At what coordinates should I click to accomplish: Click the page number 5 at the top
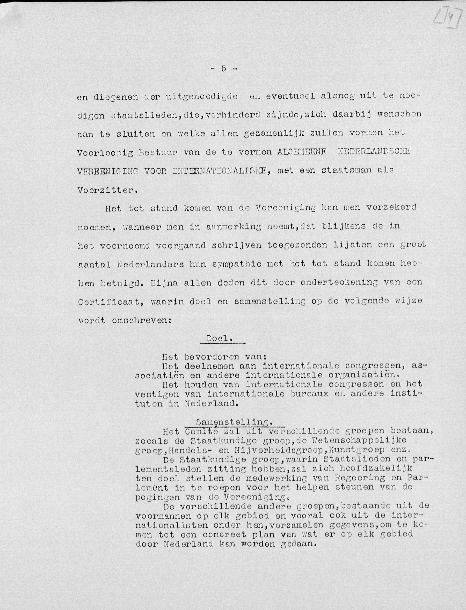[224, 69]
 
